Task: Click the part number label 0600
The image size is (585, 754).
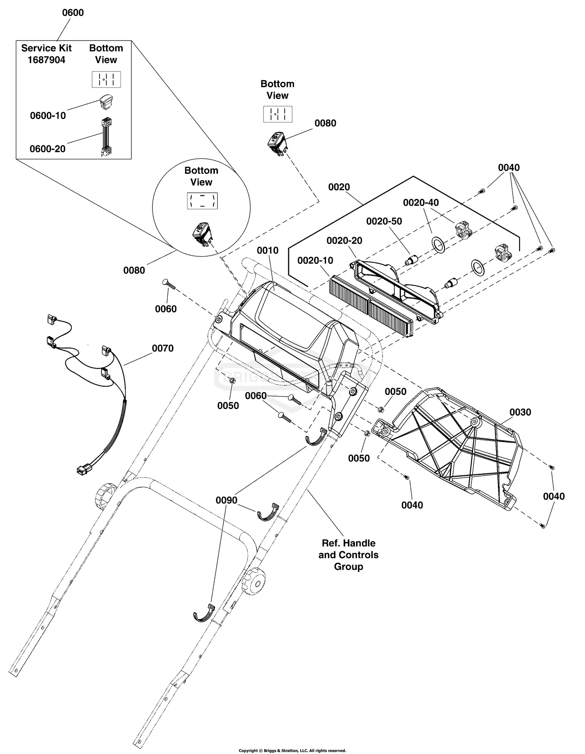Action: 73,12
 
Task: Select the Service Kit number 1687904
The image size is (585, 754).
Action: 46,60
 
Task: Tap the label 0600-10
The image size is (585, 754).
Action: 48,116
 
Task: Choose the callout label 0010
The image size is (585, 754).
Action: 268,250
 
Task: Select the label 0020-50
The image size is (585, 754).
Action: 384,221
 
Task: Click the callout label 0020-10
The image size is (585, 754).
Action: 316,260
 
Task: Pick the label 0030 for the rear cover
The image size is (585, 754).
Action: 520,412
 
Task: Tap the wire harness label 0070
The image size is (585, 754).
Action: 163,348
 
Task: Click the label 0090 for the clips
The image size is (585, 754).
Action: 227,500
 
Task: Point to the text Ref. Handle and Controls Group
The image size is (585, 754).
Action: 349,555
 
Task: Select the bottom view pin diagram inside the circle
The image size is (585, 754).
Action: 202,201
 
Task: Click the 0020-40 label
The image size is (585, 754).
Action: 421,202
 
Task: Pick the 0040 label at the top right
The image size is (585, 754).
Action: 509,168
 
